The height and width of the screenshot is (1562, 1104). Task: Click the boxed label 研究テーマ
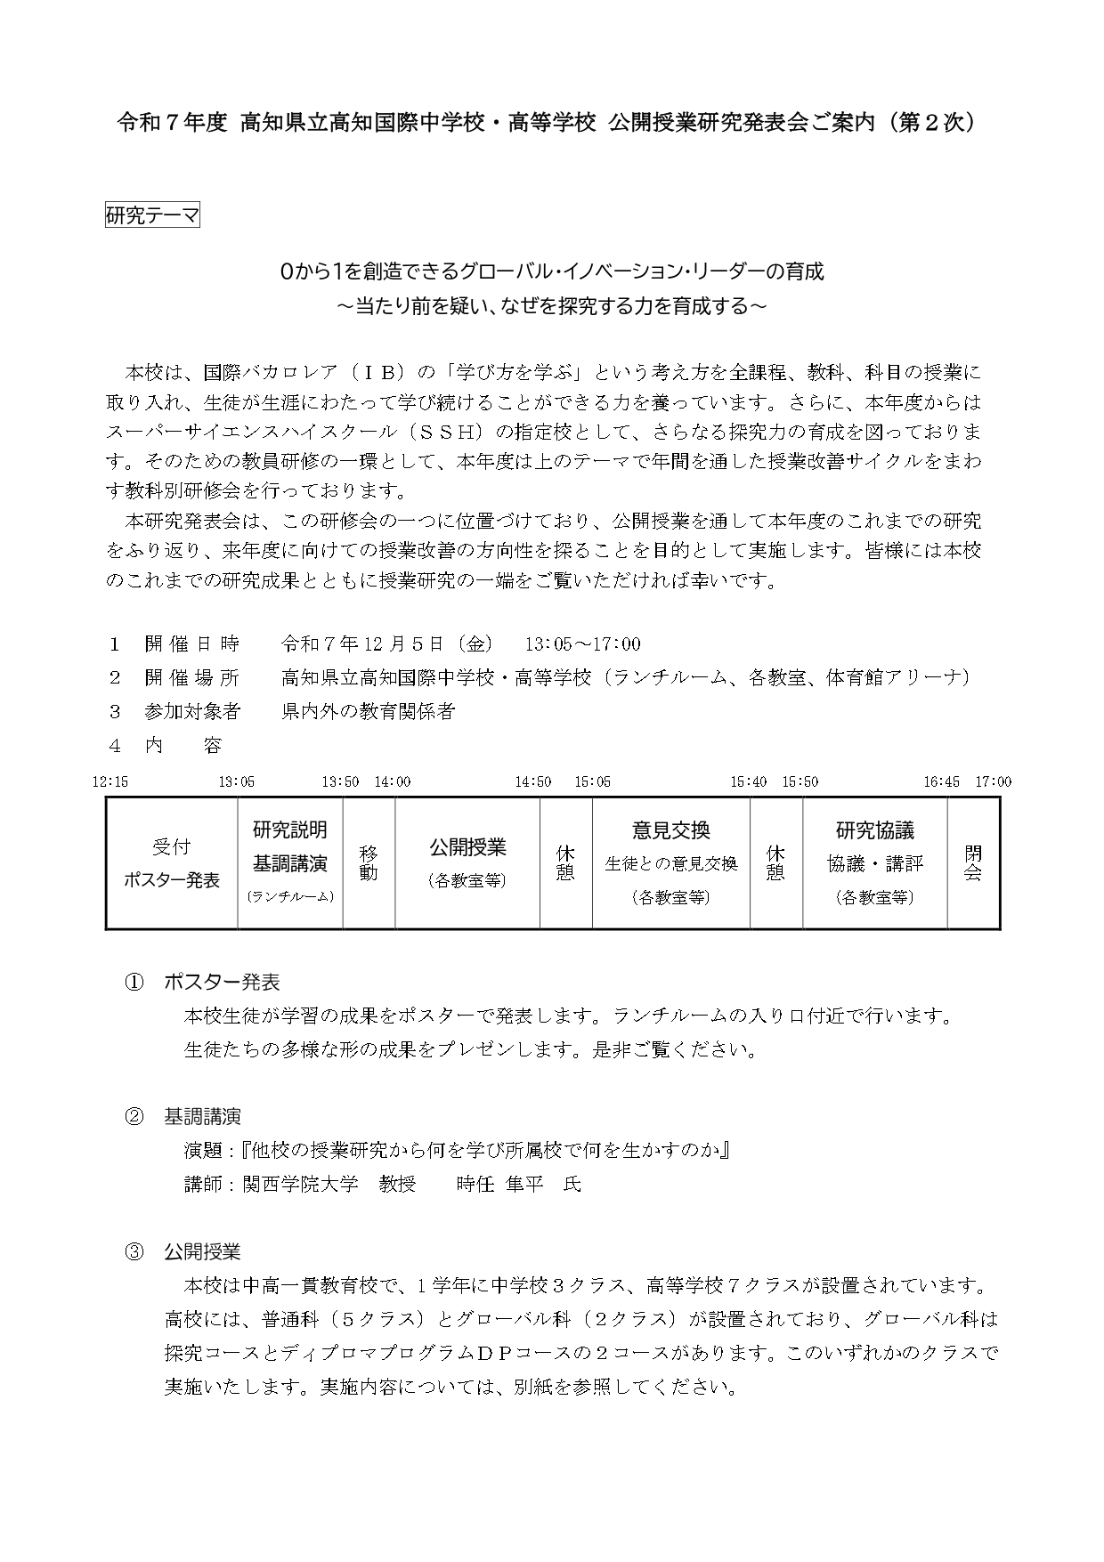tap(152, 215)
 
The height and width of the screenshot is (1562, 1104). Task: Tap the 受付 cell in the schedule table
tap(171, 846)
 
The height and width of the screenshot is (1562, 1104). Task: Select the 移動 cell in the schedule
tap(369, 862)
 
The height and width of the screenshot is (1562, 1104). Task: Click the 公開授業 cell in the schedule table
tap(467, 846)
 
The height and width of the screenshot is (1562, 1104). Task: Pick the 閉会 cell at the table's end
tap(973, 862)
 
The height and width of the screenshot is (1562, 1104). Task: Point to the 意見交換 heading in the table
tap(671, 830)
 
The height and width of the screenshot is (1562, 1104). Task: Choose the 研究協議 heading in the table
tap(874, 830)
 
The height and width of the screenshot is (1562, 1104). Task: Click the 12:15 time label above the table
tap(110, 781)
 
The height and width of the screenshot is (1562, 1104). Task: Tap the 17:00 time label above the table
tap(993, 781)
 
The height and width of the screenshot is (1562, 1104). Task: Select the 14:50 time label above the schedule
tap(532, 781)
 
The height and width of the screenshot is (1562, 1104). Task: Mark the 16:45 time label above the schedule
tap(941, 781)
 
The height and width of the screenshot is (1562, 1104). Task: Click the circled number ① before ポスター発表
tap(134, 983)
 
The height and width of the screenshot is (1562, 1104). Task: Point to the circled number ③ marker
tap(134, 1252)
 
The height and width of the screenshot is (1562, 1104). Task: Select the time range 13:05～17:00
tap(582, 644)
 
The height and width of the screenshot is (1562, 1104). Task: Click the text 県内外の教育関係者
tap(368, 711)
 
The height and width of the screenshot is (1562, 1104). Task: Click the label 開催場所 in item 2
tap(192, 678)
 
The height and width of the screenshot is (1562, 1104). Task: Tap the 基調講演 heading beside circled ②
tap(202, 1117)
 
